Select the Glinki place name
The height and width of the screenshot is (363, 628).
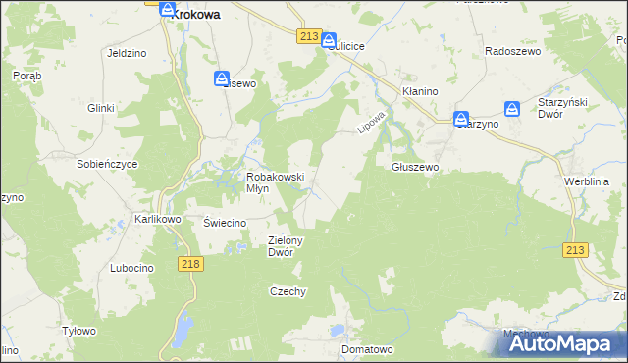[x=102, y=108]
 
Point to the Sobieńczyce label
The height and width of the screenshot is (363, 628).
[x=107, y=164]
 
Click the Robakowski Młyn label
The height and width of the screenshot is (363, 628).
[x=275, y=182]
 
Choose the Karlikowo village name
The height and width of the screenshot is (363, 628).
[x=158, y=219]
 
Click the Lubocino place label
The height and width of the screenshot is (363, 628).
[x=132, y=268]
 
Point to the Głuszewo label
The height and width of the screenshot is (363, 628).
[x=415, y=167]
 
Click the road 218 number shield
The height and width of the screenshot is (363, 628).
[x=191, y=264]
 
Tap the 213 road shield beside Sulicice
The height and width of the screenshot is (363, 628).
[x=308, y=36]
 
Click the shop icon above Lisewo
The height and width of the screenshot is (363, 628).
[x=223, y=78]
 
